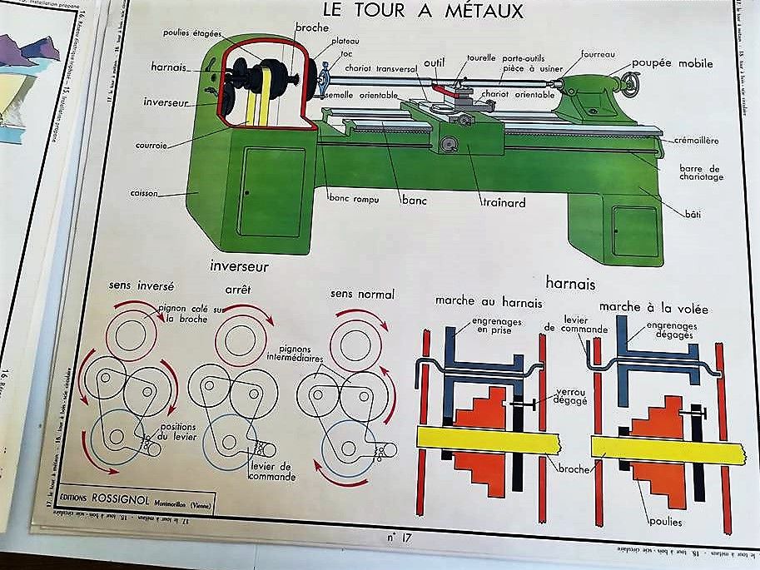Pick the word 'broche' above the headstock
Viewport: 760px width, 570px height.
pyautogui.click(x=311, y=27)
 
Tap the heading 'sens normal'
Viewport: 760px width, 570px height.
pyautogui.click(x=361, y=294)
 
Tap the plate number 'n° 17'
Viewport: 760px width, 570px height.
pyautogui.click(x=400, y=538)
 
